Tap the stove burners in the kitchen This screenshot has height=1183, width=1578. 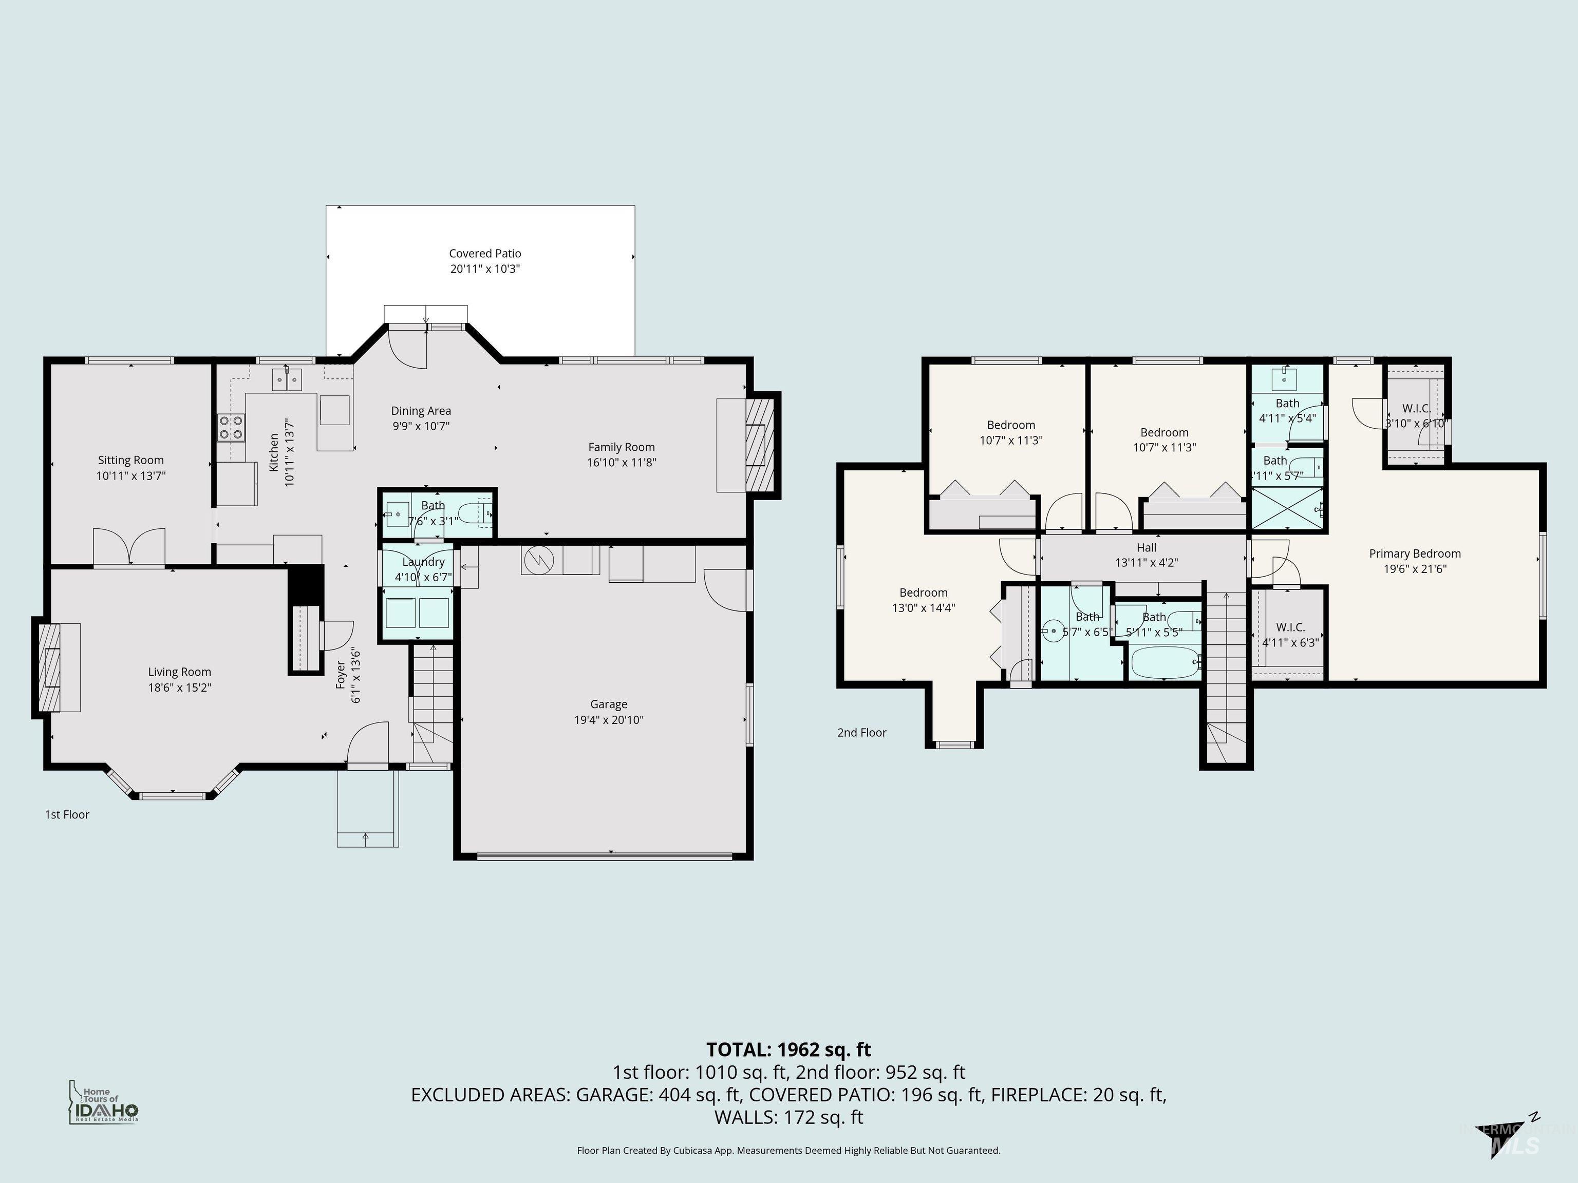click(231, 427)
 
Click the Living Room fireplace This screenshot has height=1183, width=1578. click(49, 667)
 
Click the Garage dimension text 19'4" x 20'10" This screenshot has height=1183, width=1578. click(609, 719)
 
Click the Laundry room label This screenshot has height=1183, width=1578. click(423, 562)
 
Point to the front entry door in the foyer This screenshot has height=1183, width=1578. click(367, 745)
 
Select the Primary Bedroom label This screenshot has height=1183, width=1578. click(1415, 554)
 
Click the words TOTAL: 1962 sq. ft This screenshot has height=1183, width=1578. click(788, 1050)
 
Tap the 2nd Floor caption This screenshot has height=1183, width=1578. click(862, 732)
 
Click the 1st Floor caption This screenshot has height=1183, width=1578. click(67, 814)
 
